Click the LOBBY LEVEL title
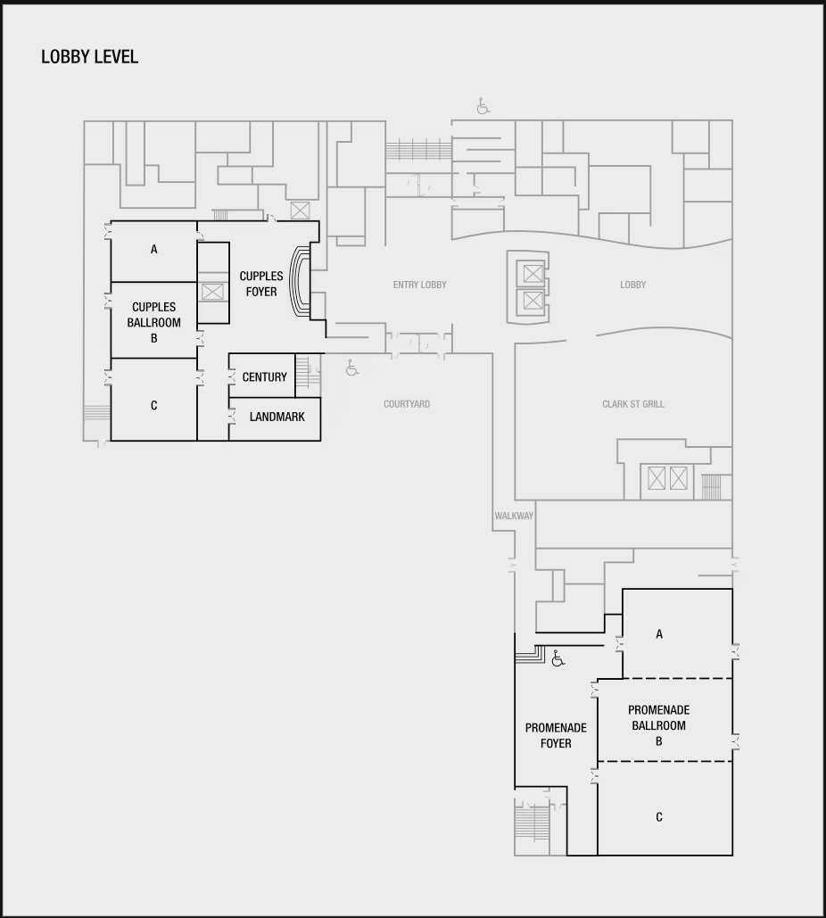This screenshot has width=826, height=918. click(89, 57)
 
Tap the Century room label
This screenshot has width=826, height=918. click(265, 377)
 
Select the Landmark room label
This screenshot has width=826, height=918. click(277, 417)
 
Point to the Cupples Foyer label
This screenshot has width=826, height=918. click(261, 284)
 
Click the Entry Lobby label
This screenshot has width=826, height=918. click(420, 285)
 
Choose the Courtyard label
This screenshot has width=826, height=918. click(407, 404)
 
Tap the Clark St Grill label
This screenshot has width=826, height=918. click(633, 404)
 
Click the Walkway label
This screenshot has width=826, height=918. click(514, 516)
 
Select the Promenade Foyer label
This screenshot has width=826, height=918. click(556, 735)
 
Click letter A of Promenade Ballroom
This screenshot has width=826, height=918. click(659, 634)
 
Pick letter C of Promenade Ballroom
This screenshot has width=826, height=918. click(659, 817)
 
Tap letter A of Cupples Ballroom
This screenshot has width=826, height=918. click(154, 250)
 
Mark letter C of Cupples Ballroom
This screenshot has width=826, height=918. click(154, 406)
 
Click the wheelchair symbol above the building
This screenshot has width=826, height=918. click(483, 106)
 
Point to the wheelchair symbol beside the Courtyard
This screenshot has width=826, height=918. click(351, 368)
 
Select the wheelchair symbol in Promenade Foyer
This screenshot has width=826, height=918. click(558, 658)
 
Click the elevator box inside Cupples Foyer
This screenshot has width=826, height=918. click(212, 292)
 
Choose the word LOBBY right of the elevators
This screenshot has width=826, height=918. click(632, 285)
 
